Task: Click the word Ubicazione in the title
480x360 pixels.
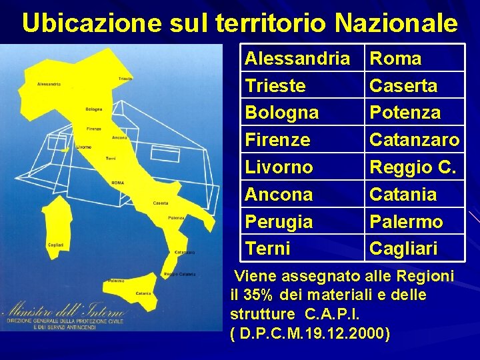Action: (x=91, y=24)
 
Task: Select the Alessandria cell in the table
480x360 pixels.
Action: (x=297, y=59)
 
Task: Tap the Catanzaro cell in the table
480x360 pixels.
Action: (x=414, y=140)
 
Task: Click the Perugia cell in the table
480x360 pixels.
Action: (x=279, y=221)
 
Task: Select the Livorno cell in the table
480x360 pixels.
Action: (x=279, y=167)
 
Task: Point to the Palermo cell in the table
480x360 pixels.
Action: (x=406, y=221)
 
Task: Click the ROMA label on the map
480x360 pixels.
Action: (x=117, y=183)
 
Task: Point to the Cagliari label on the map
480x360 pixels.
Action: (x=56, y=245)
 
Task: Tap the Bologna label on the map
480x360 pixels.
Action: (x=94, y=109)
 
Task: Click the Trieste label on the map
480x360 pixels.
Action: (x=125, y=79)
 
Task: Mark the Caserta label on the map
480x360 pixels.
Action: (x=160, y=203)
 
